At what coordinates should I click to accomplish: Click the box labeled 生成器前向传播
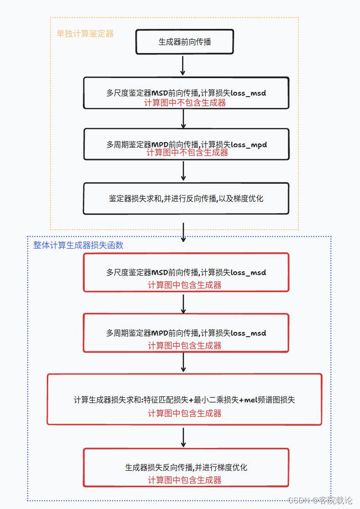[184, 42]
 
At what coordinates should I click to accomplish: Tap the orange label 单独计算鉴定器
[85, 34]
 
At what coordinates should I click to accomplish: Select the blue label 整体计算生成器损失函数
[78, 245]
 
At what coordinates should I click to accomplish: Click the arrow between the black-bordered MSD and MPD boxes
[184, 119]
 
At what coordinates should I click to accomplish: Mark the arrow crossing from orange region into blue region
[184, 233]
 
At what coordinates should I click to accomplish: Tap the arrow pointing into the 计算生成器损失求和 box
[184, 363]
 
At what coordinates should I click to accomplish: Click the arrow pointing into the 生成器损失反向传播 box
[184, 437]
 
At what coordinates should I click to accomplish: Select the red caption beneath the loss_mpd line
[187, 152]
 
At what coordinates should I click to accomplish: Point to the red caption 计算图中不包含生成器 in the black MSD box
[185, 103]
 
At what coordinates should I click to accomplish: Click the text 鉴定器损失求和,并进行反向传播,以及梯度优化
[186, 198]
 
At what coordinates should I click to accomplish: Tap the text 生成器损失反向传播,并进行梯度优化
[186, 467]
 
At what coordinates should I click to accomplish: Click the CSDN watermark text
[320, 500]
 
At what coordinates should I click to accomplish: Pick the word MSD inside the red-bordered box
[160, 273]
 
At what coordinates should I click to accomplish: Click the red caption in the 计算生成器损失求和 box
[184, 413]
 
